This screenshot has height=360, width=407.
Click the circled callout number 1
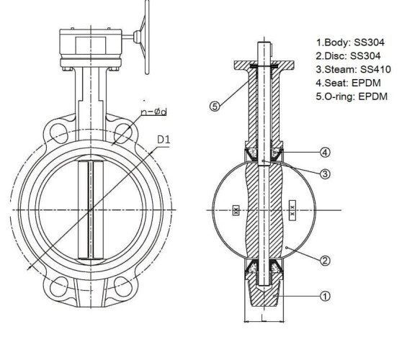pyautogui.click(x=325, y=294)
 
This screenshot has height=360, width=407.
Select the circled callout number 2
pyautogui.click(x=325, y=259)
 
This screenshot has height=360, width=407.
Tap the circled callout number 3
pyautogui.click(x=325, y=174)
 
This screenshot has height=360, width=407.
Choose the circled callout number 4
pyautogui.click(x=325, y=152)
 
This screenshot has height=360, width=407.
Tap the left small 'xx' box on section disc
pyautogui.click(x=236, y=211)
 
